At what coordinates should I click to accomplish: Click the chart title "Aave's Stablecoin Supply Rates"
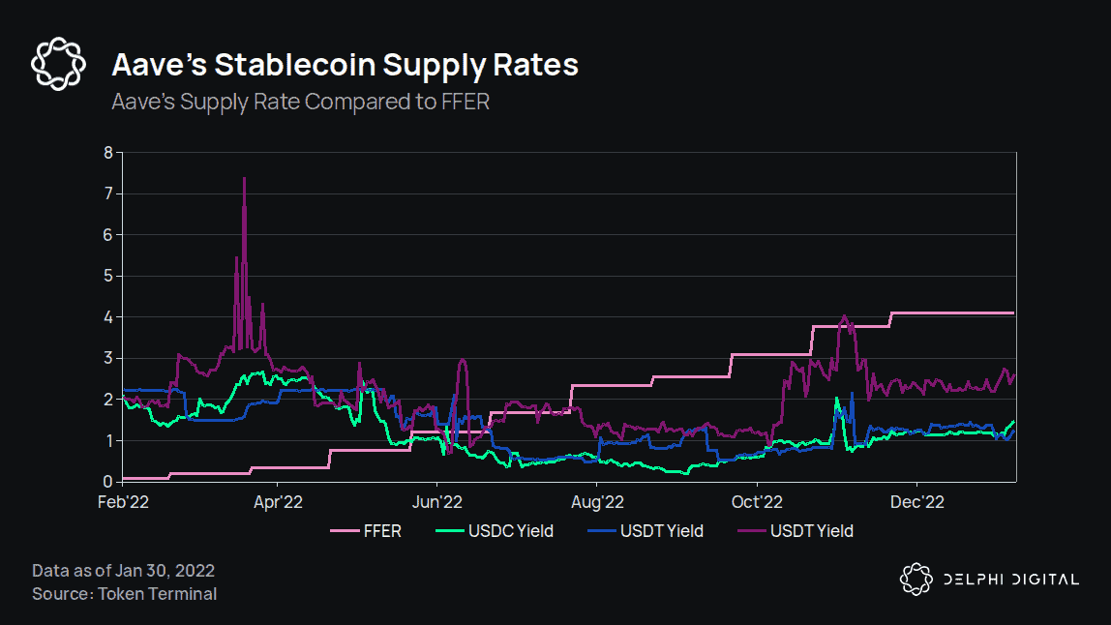coord(345,65)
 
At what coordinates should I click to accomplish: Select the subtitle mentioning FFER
coord(300,102)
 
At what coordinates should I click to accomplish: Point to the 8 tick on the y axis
coord(108,152)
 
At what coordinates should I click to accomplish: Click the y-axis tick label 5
coord(108,276)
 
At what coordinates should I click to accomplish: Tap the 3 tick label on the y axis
coord(108,358)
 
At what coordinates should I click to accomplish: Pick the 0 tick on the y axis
coord(108,482)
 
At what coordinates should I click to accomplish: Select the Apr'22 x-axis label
coord(278,502)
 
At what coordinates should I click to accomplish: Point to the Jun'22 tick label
coord(437,502)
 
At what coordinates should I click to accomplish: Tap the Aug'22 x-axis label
coord(597,502)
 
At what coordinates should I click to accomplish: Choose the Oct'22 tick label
coord(757,502)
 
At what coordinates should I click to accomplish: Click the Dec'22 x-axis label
coord(916,502)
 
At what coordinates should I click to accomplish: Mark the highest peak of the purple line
coord(244,178)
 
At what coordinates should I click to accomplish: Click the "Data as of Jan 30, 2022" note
coord(123,570)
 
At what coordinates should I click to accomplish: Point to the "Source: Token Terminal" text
coord(124,593)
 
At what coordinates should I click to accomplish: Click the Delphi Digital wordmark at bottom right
coord(1010,580)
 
